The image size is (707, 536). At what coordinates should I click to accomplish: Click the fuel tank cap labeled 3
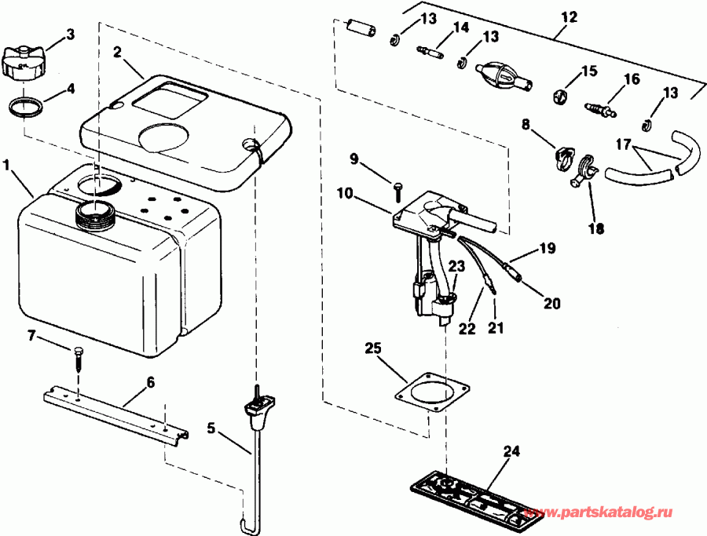pos(23,60)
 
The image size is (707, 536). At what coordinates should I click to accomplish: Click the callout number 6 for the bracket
pos(149,382)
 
